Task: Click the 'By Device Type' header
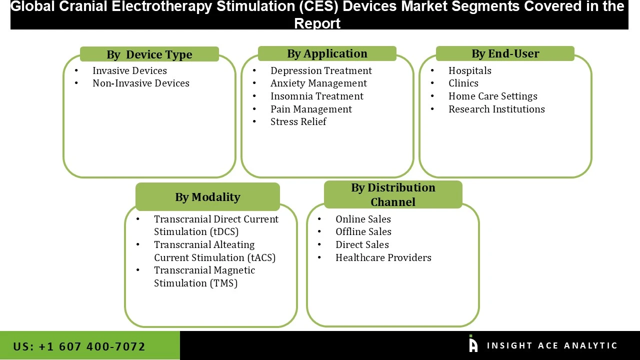coord(149,54)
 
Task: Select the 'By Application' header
coord(327,53)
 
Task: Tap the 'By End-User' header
coord(505,53)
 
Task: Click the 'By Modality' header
coord(207,197)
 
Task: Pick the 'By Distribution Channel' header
coord(393,194)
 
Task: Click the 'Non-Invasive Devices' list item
coord(141,83)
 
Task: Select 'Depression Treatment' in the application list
coord(321,70)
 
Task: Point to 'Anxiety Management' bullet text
coord(318,83)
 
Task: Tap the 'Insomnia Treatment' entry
coord(317,96)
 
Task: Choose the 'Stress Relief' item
coord(298,121)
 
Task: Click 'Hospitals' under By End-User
coord(469,70)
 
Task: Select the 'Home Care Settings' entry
coord(492,96)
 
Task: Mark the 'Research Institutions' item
coord(496,109)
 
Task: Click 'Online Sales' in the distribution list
coord(363,219)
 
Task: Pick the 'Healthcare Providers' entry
coord(383,257)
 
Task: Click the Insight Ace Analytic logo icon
coord(473,344)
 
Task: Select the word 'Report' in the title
coord(317,23)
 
